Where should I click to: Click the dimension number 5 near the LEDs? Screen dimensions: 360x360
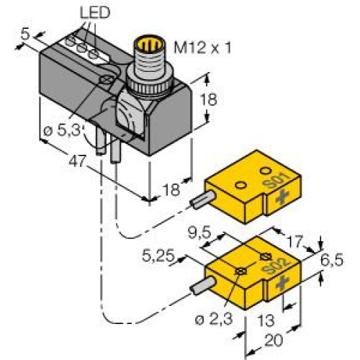[24, 33]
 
